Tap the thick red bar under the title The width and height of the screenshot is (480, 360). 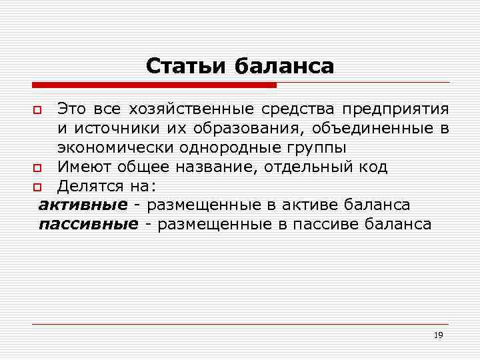(x=154, y=85)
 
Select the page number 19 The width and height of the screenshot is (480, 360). (x=438, y=335)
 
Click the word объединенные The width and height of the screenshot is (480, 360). (x=371, y=127)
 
